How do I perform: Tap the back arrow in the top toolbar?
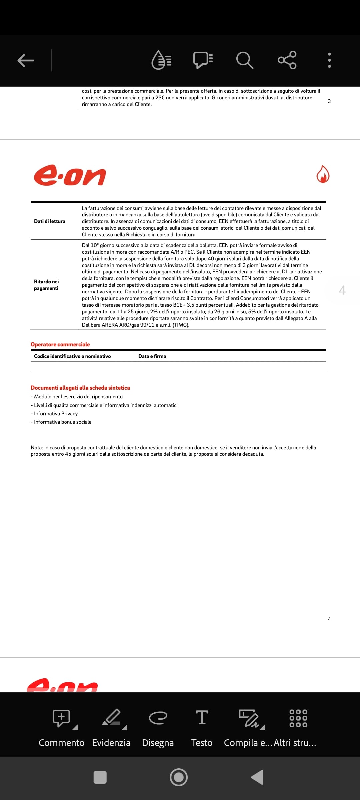[26, 60]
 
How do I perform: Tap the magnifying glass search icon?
[245, 60]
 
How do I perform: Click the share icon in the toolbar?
[287, 60]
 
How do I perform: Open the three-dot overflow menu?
[329, 60]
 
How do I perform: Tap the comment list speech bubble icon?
[203, 60]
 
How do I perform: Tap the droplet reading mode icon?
[162, 60]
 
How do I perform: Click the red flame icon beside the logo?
[323, 174]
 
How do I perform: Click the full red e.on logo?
[70, 175]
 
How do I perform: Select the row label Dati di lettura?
[50, 221]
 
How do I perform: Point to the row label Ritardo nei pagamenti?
[46, 285]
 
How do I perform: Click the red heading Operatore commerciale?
[60, 344]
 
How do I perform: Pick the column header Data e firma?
[152, 356]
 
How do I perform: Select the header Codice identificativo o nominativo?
[72, 356]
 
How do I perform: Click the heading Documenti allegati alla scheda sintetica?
[80, 388]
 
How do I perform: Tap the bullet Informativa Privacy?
[56, 414]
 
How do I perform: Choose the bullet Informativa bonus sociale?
[63, 422]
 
